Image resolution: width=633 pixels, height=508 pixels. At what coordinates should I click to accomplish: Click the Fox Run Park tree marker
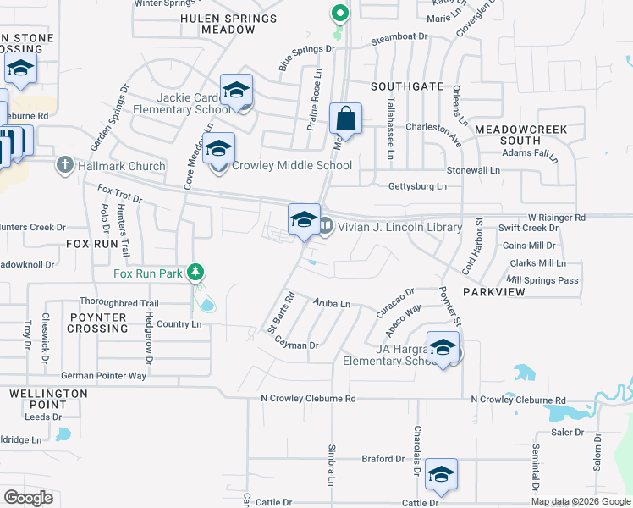(196, 273)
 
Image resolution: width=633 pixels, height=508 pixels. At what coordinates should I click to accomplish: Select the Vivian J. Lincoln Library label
(400, 227)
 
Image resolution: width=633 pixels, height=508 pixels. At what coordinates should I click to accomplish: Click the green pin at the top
(339, 14)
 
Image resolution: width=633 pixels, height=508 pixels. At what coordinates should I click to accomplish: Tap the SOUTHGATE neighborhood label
(407, 86)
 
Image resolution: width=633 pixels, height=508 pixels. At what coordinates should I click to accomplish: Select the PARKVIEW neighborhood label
(494, 291)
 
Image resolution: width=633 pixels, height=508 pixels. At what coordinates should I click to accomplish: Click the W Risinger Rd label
(557, 218)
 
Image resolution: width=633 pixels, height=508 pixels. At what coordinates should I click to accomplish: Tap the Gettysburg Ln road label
(417, 186)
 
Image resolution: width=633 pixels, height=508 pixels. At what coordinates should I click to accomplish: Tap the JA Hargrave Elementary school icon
(443, 347)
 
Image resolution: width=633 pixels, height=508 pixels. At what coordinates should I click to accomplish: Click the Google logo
(29, 498)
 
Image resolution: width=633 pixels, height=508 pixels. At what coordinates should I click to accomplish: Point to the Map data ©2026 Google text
(580, 501)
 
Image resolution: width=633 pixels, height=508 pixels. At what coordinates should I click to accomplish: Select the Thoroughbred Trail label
(118, 302)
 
